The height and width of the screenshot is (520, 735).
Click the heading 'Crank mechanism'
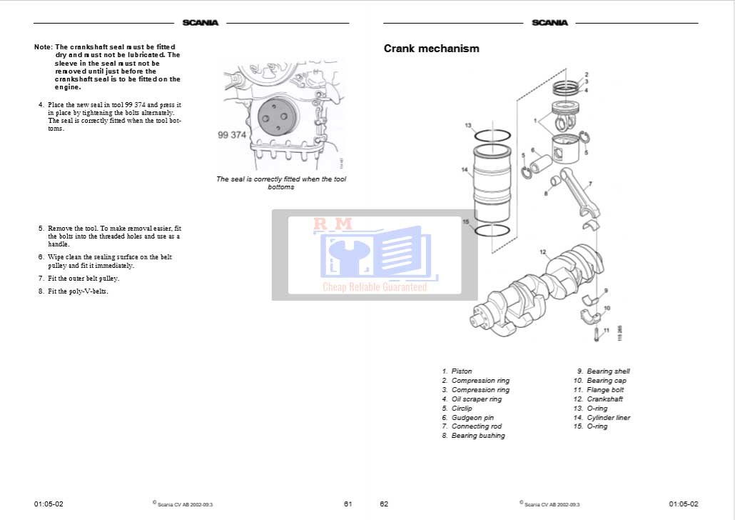click(431, 49)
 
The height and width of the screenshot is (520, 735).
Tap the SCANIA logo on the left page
click(200, 23)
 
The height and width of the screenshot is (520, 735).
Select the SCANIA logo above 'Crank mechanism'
click(549, 23)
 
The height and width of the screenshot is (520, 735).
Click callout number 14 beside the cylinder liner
click(464, 170)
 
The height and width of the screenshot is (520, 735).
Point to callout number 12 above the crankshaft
click(543, 252)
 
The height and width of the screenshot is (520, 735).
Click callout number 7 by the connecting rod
click(590, 184)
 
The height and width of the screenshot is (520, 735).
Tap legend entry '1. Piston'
click(457, 371)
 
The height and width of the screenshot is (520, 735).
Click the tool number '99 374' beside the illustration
click(232, 135)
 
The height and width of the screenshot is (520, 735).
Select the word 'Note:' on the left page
click(43, 47)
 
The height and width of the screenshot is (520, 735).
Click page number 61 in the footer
click(348, 504)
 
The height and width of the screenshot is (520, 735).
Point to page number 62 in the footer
click(384, 504)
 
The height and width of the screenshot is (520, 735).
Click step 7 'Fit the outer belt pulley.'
click(79, 279)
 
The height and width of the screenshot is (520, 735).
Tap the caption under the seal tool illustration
click(281, 183)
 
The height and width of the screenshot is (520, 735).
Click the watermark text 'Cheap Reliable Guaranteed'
click(375, 287)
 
